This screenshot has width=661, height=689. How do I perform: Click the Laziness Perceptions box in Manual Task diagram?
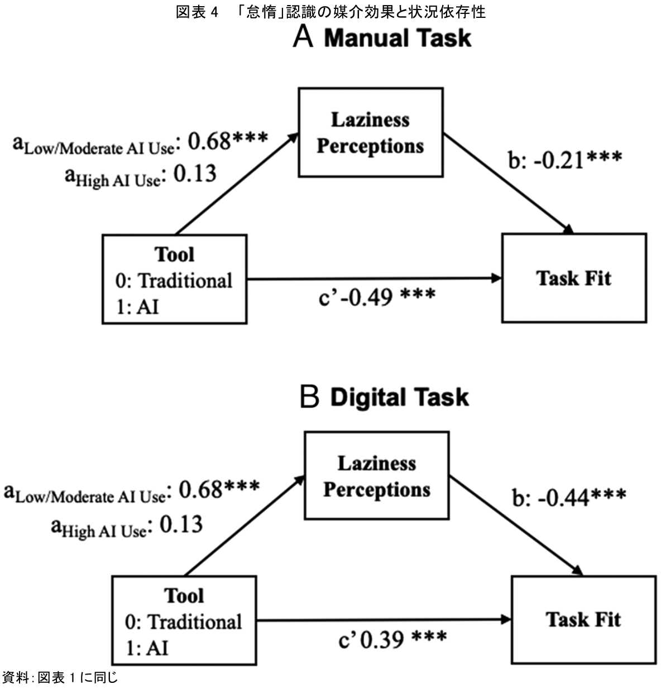tap(371, 132)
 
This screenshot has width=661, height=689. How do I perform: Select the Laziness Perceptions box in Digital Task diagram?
tap(377, 475)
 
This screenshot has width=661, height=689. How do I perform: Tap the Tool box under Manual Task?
tap(174, 279)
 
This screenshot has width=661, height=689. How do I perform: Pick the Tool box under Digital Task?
tap(184, 620)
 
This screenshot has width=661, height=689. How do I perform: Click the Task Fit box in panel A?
tap(574, 278)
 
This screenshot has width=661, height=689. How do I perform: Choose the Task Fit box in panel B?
tap(583, 619)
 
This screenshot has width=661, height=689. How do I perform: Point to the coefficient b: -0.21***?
tap(564, 160)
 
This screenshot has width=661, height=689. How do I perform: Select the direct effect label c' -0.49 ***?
tap(377, 297)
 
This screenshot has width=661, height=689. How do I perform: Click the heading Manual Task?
tap(397, 38)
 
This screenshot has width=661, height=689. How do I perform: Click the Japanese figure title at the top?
tap(330, 12)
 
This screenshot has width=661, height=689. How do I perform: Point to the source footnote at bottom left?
tap(60, 678)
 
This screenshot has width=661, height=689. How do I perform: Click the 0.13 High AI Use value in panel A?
tap(195, 174)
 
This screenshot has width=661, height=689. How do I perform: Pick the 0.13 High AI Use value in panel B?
tap(181, 524)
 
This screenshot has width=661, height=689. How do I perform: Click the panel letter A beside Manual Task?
tap(303, 37)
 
